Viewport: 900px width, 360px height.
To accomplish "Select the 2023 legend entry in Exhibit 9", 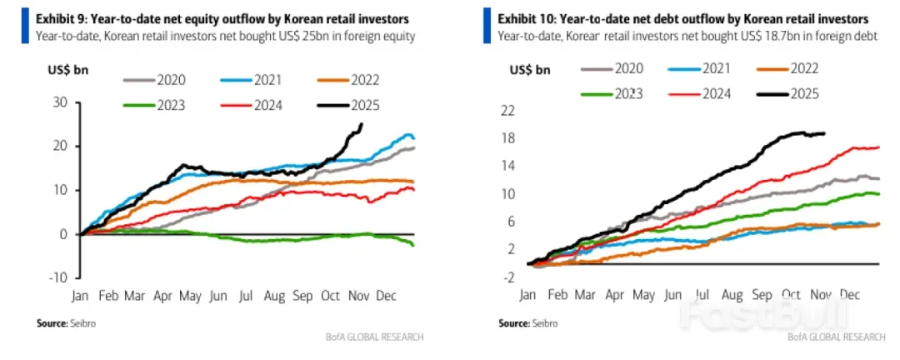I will (167, 105).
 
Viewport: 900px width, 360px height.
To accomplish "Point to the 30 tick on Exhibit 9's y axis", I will (59, 102).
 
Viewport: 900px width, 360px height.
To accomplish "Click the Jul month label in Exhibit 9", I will (247, 295).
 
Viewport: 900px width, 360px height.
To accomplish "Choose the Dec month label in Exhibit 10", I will (848, 295).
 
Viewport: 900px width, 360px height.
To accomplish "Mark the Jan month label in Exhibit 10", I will (527, 295).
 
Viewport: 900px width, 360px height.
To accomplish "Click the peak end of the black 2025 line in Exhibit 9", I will (361, 124).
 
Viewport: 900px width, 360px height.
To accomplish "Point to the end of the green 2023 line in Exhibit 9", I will (413, 244).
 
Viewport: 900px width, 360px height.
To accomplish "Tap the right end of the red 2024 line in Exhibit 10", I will (878, 147).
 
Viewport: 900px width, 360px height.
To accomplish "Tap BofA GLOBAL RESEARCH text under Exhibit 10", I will (837, 337).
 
